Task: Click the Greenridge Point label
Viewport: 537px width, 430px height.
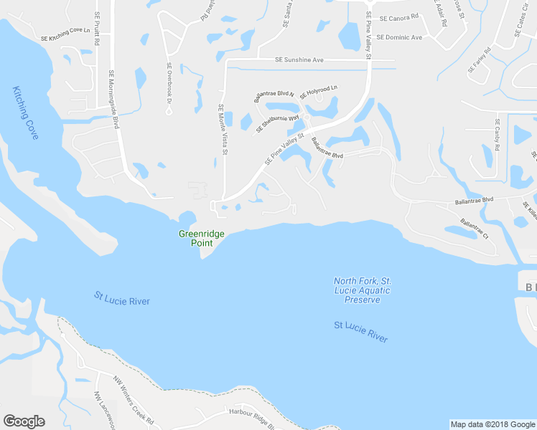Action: click(x=197, y=238)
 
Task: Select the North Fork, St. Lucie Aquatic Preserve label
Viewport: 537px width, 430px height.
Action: click(x=362, y=290)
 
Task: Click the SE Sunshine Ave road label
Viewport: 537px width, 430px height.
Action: click(x=300, y=61)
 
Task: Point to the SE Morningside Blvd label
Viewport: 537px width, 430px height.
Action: click(x=113, y=98)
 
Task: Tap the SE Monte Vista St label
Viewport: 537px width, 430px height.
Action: click(x=223, y=129)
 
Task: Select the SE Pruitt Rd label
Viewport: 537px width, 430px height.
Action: click(x=96, y=28)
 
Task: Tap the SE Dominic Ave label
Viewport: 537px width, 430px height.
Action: click(x=400, y=37)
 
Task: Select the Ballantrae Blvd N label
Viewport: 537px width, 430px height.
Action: click(x=274, y=97)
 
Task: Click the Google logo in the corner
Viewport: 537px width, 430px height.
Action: click(x=24, y=421)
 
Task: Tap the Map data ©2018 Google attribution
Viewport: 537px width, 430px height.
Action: click(x=492, y=424)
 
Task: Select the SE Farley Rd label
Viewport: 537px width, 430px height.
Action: click(x=479, y=60)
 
